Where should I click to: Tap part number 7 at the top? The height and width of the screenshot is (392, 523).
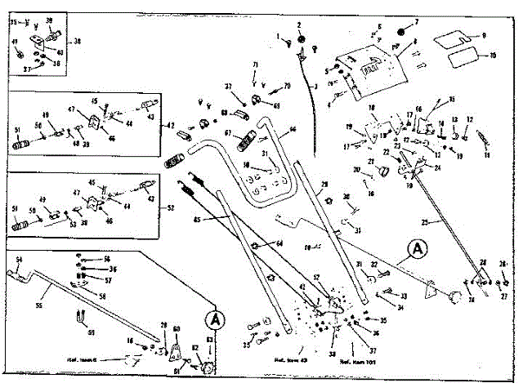[x=414, y=22]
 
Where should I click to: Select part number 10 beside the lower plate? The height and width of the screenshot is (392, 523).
[x=492, y=56]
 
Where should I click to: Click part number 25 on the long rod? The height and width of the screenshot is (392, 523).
[x=447, y=222]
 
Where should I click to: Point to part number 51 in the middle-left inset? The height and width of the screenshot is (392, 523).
[x=18, y=129]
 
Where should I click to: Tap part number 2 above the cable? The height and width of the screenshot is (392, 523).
[x=299, y=25]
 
